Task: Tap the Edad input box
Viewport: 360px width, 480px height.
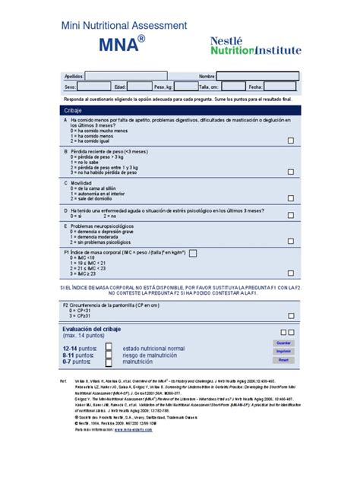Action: [139, 87]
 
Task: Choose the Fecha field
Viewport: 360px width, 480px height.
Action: [282, 87]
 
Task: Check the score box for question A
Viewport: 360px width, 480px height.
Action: [291, 141]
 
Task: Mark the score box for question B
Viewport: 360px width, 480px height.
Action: [291, 172]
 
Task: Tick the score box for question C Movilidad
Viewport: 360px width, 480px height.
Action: [291, 199]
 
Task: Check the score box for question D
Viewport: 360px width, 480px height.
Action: [291, 216]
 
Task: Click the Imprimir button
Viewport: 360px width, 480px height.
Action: [284, 352]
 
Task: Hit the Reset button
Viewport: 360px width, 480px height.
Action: [284, 360]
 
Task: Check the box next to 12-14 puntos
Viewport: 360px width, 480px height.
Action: [108, 347]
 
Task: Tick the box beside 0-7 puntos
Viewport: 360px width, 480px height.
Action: [108, 363]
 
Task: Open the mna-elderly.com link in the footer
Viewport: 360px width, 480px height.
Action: [136, 429]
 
